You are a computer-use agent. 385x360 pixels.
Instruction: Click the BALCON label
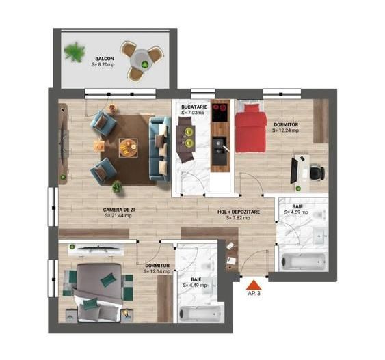click(x=105, y=59)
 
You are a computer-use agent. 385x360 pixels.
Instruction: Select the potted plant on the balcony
click(x=74, y=52)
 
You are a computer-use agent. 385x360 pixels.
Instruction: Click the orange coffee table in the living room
click(x=127, y=146)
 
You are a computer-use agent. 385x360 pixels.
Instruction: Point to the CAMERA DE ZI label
click(x=118, y=209)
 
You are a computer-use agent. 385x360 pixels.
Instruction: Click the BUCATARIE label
click(x=194, y=108)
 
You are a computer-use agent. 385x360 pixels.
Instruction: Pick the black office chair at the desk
click(x=315, y=172)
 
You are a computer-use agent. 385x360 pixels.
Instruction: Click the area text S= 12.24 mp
click(x=285, y=130)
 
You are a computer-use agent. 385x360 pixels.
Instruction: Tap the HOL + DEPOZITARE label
click(x=239, y=212)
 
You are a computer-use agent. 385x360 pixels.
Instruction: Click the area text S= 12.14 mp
click(x=157, y=271)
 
